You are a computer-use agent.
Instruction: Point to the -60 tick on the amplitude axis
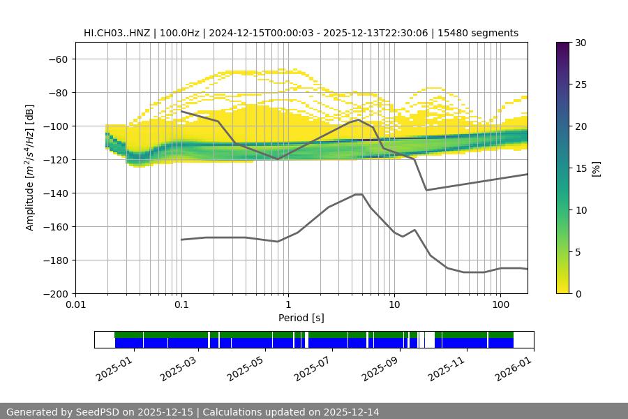pos(57,59)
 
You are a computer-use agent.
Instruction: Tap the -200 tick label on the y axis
pos(55,293)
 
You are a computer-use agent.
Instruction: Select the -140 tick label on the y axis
pos(55,193)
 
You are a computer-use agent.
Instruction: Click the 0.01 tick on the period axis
pos(75,304)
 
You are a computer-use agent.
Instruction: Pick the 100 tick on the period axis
pos(500,304)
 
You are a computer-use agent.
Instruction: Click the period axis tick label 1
pos(287,304)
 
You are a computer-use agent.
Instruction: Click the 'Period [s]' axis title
pos(301,318)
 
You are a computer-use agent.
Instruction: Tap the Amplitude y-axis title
pos(30,168)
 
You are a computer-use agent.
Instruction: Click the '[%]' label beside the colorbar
pos(597,168)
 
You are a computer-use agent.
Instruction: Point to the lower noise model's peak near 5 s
pos(359,194)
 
